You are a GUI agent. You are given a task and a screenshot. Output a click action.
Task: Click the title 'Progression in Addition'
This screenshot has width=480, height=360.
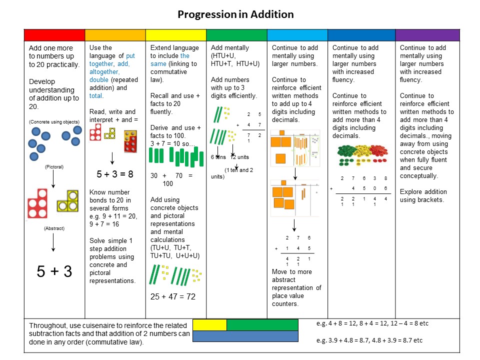click(235, 14)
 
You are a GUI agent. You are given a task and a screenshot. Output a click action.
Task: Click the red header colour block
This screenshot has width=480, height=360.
click(54, 35)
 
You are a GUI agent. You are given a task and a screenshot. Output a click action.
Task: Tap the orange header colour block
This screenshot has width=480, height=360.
click(115, 35)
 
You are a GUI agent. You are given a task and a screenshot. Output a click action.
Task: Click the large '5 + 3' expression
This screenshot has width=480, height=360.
click(54, 271)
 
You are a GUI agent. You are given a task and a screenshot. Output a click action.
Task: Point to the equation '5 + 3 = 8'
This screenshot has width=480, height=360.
click(115, 174)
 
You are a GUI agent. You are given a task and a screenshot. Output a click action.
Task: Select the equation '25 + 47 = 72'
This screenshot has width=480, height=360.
click(173, 297)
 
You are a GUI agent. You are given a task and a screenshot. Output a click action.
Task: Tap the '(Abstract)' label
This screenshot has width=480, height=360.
click(53, 228)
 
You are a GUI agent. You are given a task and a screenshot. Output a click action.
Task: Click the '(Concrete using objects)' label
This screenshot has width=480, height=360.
click(53, 121)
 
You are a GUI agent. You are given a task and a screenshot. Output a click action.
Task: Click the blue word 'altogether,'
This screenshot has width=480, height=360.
click(104, 72)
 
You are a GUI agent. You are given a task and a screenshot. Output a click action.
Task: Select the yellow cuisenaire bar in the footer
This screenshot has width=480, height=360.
click(209, 325)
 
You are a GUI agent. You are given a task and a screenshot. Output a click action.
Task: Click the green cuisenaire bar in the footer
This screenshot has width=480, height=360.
click(262, 325)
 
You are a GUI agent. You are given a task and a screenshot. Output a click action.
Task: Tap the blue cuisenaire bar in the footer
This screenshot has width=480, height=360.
click(245, 336)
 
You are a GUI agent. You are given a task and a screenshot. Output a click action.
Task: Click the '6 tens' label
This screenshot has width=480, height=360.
click(219, 156)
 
